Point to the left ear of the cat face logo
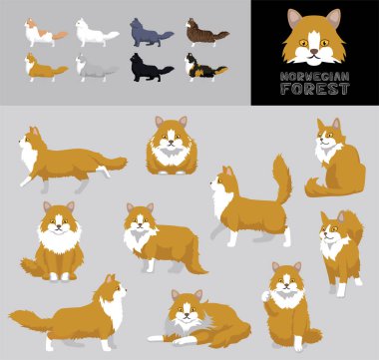pos(293,18)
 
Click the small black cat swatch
pos(152,67)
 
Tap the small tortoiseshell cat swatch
pos(205,67)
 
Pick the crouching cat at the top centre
pos(172,147)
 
